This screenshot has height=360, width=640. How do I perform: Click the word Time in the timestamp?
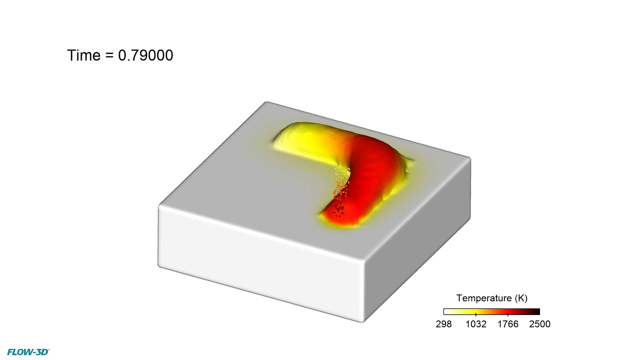click(83, 55)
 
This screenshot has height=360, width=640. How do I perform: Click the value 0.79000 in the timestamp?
click(145, 55)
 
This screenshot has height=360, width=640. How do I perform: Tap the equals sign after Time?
click(109, 55)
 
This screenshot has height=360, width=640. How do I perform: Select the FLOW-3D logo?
click(28, 352)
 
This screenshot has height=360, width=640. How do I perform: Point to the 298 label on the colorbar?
click(444, 324)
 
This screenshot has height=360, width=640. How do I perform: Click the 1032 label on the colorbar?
click(475, 324)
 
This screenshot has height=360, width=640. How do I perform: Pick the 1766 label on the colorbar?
click(507, 324)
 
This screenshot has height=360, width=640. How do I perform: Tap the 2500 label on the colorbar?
click(539, 324)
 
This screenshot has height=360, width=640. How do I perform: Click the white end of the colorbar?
click(446, 311)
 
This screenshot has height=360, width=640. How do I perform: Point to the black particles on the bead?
click(340, 209)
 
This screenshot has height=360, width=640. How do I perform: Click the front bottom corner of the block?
click(363, 320)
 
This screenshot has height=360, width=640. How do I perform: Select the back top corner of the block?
click(266, 103)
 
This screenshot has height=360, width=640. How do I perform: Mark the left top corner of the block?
click(160, 206)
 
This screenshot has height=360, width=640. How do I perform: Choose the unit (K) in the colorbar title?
click(521, 298)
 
